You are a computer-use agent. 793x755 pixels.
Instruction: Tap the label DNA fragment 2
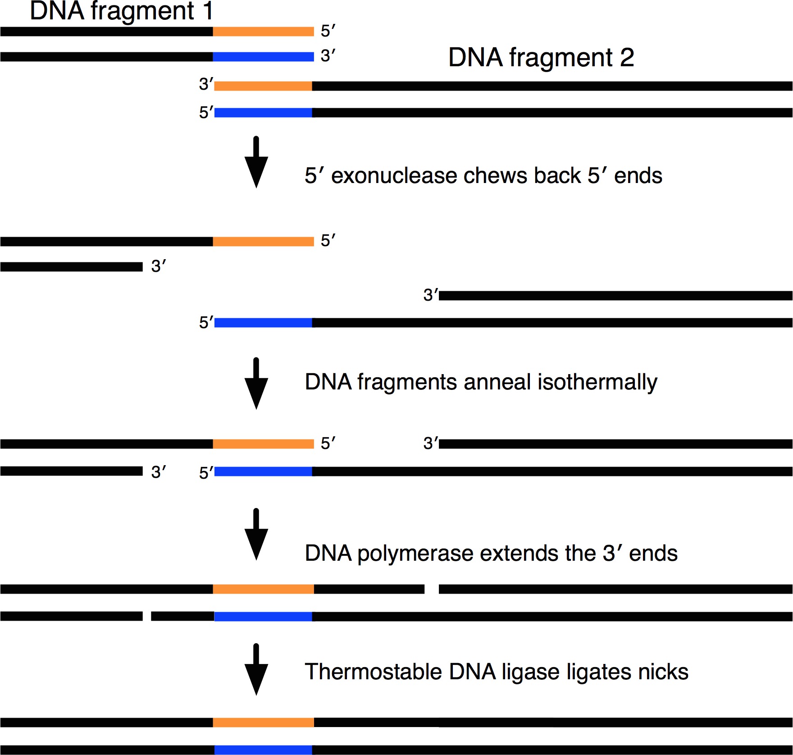click(x=541, y=58)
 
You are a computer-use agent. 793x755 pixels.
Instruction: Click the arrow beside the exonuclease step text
click(x=256, y=162)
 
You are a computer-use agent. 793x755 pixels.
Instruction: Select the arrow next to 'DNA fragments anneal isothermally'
click(x=256, y=384)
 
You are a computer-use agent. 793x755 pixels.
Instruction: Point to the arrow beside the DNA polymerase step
click(x=256, y=535)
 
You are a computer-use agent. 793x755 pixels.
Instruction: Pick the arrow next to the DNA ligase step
click(x=256, y=670)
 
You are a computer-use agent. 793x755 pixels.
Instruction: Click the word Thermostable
click(x=374, y=672)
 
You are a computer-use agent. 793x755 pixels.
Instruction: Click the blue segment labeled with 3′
click(x=263, y=57)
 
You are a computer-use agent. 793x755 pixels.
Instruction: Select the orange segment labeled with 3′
click(x=263, y=86)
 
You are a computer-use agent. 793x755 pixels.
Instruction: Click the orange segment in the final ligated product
click(x=263, y=723)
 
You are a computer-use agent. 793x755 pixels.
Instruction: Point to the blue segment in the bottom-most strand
click(x=263, y=750)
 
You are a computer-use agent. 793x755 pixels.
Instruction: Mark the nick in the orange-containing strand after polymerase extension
click(x=432, y=589)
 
